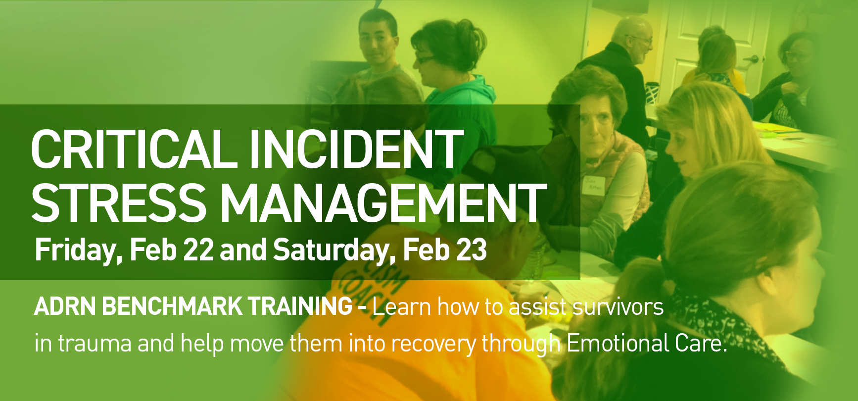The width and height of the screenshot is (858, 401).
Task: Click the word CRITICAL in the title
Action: (134, 149)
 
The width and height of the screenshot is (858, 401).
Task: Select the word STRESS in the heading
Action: (119, 202)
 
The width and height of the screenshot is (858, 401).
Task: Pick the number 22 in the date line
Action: (198, 250)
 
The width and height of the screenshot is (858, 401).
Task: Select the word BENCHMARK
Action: (172, 306)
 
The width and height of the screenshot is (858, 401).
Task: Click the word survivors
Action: (618, 307)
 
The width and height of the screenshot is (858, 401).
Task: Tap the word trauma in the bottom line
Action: (95, 344)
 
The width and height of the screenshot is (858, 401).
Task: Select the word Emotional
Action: (617, 343)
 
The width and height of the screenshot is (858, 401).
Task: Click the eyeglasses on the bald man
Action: (640, 39)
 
